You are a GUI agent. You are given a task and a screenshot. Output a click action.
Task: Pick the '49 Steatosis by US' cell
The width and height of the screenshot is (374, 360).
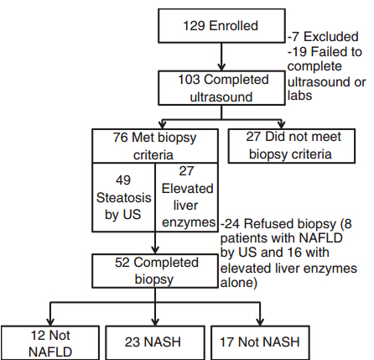[123, 197]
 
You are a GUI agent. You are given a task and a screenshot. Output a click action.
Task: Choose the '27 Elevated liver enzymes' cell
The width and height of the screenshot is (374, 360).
[187, 197]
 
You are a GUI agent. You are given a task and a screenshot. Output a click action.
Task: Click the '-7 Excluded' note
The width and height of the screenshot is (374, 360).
[323, 37]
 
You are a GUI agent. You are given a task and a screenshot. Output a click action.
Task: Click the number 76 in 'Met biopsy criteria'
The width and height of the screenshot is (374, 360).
[120, 138]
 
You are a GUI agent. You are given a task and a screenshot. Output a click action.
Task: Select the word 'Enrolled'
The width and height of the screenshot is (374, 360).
[233, 26]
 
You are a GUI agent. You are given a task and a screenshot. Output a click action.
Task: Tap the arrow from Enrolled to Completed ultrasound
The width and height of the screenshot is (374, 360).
[221, 57]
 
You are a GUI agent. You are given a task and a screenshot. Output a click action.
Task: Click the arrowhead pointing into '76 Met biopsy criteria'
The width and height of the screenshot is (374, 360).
[162, 124]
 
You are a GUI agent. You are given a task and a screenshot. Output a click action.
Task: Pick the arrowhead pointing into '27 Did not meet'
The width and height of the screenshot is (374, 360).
[282, 124]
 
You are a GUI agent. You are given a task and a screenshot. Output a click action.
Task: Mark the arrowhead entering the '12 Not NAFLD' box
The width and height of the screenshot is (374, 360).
[50, 321]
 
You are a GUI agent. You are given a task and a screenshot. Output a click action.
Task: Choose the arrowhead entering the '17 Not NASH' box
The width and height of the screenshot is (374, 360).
[260, 321]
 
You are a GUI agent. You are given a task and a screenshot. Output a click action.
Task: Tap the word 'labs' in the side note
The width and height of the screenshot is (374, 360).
[299, 96]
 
